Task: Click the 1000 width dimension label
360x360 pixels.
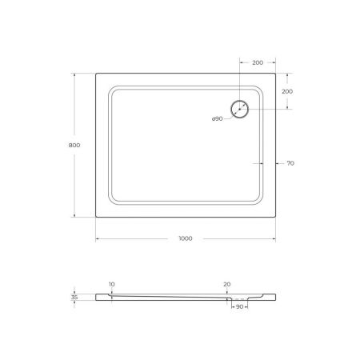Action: (x=185, y=239)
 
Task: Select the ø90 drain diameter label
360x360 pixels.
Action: (x=217, y=119)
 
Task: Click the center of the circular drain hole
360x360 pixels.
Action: (x=240, y=110)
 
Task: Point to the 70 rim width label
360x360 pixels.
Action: (x=290, y=163)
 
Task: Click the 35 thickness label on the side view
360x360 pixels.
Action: (x=74, y=297)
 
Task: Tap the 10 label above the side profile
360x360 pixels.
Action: (x=111, y=284)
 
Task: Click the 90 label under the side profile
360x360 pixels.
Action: (x=239, y=306)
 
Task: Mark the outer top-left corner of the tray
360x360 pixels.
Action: (x=96, y=74)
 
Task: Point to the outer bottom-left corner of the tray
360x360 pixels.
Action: (x=96, y=217)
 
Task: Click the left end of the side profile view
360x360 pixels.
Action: (x=96, y=297)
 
